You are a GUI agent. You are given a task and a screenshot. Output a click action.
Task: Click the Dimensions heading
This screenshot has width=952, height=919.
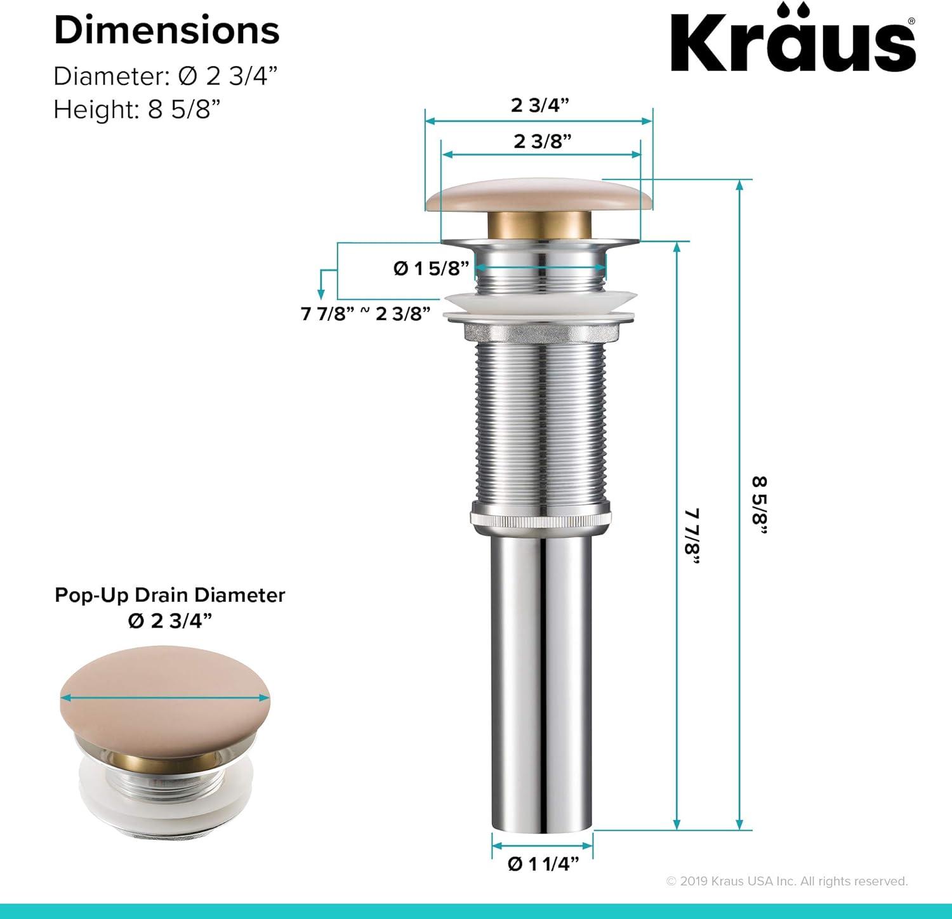coord(166,30)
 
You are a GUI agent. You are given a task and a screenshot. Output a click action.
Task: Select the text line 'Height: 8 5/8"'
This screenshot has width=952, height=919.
coord(136,110)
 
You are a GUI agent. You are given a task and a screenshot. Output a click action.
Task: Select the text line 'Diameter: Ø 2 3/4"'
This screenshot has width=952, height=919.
coord(166,76)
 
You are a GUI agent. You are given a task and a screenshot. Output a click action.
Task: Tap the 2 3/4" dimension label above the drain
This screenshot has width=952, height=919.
coord(539,105)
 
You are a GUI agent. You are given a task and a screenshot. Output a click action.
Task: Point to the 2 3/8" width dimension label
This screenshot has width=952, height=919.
coord(542,141)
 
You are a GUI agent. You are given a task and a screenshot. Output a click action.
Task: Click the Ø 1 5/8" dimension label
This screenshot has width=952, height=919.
coord(431,268)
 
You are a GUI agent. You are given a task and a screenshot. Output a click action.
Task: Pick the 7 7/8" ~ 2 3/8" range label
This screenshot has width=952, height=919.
coord(366,313)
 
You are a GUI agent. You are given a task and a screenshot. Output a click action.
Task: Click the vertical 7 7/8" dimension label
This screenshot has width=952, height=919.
coord(692,535)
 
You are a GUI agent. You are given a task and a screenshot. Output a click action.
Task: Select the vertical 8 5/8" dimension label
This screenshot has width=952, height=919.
coord(760,505)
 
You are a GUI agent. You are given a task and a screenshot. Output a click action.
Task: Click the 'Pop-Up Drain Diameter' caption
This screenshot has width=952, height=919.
coord(169,595)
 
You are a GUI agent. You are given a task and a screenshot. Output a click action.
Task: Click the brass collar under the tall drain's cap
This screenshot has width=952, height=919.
coord(539,226)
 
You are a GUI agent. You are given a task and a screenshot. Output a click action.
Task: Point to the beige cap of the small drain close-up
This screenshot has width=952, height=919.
coord(165,698)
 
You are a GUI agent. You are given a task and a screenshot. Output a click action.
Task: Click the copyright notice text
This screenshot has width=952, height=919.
coord(787,881)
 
